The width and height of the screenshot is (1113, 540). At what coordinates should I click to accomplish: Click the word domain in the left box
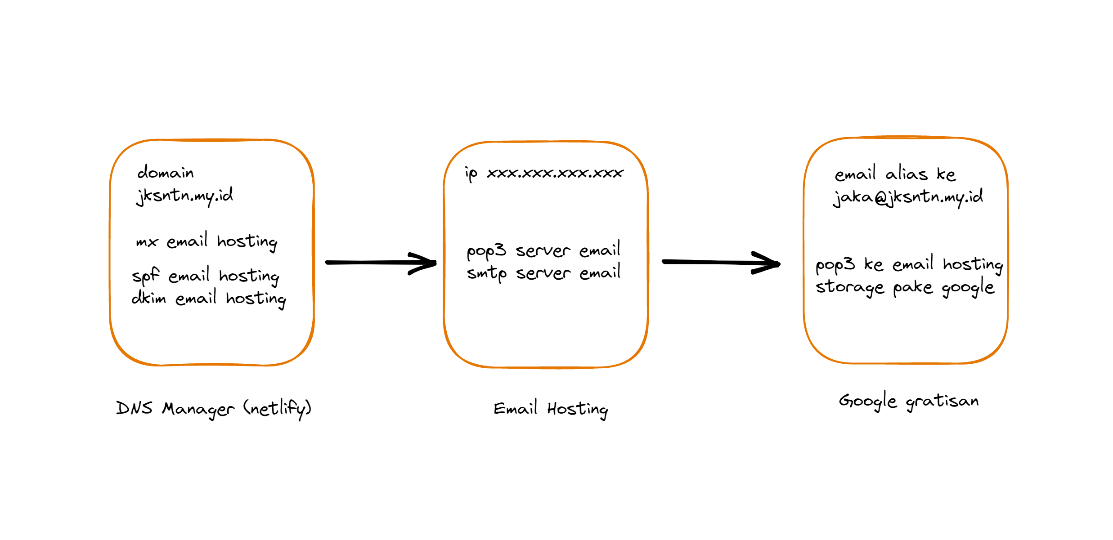pyautogui.click(x=166, y=173)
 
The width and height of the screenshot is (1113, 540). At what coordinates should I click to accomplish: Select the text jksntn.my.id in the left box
pyautogui.click(x=184, y=196)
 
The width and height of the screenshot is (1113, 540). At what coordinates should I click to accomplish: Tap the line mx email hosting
pyautogui.click(x=206, y=242)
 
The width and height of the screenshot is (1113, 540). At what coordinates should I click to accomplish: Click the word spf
pyautogui.click(x=145, y=276)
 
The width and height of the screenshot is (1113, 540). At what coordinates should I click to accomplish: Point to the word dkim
pyautogui.click(x=148, y=298)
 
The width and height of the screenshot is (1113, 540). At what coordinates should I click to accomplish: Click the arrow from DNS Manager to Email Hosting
pyautogui.click(x=380, y=263)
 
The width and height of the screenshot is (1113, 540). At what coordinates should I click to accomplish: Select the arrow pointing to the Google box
pyautogui.click(x=720, y=263)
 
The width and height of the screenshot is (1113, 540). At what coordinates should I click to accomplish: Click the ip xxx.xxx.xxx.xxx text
pyautogui.click(x=544, y=173)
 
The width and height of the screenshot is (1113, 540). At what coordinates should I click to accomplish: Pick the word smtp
pyautogui.click(x=486, y=273)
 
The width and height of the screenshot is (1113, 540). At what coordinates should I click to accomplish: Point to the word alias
pyautogui.click(x=906, y=174)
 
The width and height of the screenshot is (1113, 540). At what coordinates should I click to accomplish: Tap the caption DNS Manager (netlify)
pyautogui.click(x=214, y=408)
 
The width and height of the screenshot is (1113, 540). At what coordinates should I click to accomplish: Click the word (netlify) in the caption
pyautogui.click(x=277, y=408)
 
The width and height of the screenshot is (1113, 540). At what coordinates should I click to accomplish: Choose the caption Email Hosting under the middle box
pyautogui.click(x=551, y=409)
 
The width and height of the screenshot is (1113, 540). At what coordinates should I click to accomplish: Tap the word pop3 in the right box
pyautogui.click(x=835, y=265)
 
